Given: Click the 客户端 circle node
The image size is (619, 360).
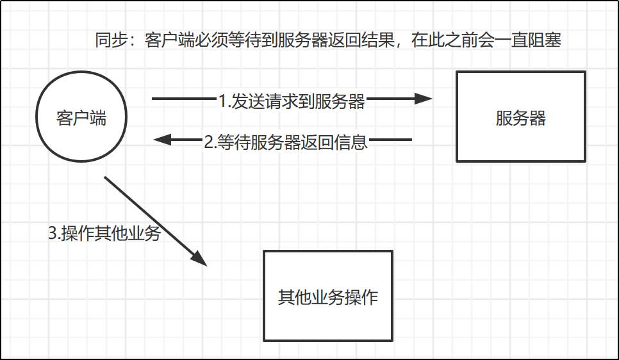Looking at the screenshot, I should [x=81, y=119].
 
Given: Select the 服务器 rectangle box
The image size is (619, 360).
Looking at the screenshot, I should [x=520, y=117].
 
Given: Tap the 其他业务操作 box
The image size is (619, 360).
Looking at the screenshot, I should [x=328, y=295].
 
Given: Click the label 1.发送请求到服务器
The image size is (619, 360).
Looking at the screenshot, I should [x=292, y=101].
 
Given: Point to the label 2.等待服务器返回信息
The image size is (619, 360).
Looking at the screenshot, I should [x=286, y=141].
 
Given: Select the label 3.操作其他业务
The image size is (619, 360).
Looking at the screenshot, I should [x=104, y=234].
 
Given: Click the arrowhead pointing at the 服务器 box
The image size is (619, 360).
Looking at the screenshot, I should [x=424, y=99].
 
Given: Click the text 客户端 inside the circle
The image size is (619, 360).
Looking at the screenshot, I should [x=81, y=119].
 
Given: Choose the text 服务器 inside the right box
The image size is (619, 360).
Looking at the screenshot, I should [x=520, y=119].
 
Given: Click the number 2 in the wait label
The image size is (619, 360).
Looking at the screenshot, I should [x=208, y=142].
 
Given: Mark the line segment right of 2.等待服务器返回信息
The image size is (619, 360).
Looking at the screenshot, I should [x=391, y=139].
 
